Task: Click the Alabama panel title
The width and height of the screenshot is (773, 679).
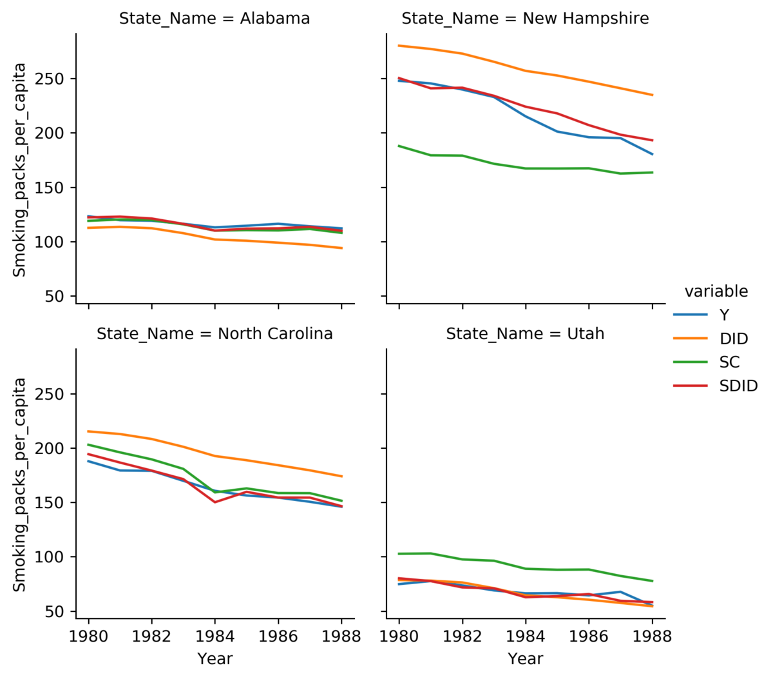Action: pyautogui.click(x=215, y=18)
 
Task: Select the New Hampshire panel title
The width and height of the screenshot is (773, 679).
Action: pyautogui.click(x=525, y=18)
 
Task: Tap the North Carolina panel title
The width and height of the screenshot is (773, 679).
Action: pyautogui.click(x=215, y=334)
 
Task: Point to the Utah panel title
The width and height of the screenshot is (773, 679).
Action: pyautogui.click(x=525, y=334)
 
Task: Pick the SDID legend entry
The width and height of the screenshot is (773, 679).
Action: pyautogui.click(x=716, y=386)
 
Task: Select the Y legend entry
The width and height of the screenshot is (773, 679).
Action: pyautogui.click(x=701, y=315)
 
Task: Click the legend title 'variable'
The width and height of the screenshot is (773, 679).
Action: pyautogui.click(x=716, y=291)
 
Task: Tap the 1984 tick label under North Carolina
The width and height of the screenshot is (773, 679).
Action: pyautogui.click(x=215, y=636)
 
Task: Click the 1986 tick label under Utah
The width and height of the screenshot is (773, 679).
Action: pyautogui.click(x=589, y=636)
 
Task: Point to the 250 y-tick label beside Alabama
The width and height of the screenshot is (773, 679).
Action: pyautogui.click(x=49, y=79)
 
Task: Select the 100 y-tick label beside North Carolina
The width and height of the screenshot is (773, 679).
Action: pyautogui.click(x=49, y=556)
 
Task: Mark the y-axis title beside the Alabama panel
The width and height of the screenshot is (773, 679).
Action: pyautogui.click(x=19, y=170)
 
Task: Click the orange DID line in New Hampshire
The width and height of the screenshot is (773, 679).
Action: pyautogui.click(x=526, y=71)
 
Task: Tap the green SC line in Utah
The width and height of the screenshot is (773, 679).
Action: pyautogui.click(x=526, y=569)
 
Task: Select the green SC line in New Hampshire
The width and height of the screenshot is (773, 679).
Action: pyautogui.click(x=526, y=168)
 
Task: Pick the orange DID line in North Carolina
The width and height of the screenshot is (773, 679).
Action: pyautogui.click(x=215, y=456)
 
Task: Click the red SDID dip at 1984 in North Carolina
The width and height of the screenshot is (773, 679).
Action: pyautogui.click(x=215, y=502)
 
